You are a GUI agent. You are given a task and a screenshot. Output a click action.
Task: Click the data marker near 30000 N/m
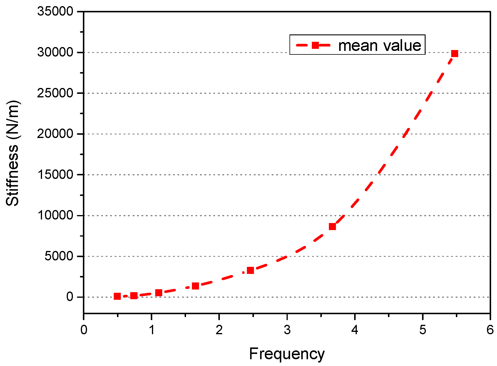[x=455, y=54]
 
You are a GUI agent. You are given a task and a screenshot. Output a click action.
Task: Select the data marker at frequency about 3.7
[x=332, y=226]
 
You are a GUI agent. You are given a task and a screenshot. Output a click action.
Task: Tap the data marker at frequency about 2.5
[x=250, y=270]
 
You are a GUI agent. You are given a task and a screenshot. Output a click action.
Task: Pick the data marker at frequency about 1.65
[x=195, y=286]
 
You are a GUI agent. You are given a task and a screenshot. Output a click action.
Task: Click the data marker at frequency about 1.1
[x=159, y=292]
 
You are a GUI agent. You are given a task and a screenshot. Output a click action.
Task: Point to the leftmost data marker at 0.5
[x=117, y=296]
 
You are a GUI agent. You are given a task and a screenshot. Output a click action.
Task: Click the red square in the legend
[x=315, y=45]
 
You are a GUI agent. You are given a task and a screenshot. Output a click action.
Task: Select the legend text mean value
[x=380, y=46]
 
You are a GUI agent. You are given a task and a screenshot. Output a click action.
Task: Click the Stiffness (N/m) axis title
[x=13, y=153]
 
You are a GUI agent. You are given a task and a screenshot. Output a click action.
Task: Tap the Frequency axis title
[x=287, y=354]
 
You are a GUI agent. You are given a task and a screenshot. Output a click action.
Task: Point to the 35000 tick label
[x=55, y=11]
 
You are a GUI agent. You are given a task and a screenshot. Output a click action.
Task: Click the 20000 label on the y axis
[x=55, y=134]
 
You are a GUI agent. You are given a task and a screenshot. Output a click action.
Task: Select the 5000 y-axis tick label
[x=58, y=256]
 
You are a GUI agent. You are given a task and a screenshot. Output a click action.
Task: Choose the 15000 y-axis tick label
[x=55, y=175]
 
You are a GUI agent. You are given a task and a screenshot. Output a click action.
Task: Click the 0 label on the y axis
[x=70, y=297]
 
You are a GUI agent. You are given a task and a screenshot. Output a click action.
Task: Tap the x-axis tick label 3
[x=287, y=330]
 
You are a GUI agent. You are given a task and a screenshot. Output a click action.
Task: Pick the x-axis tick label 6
[x=490, y=330]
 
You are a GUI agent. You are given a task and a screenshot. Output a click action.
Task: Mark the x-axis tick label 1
[x=152, y=330]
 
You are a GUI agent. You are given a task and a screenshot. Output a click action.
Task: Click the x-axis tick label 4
[x=355, y=330]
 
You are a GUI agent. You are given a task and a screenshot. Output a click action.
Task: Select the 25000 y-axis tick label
[x=55, y=93]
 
